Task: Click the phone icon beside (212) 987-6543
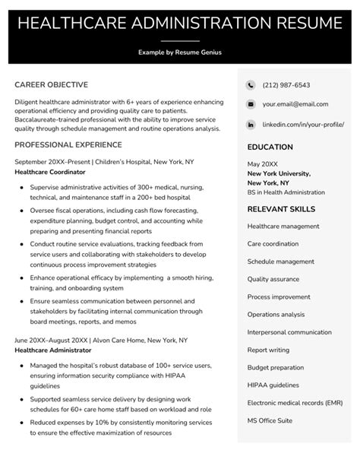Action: (251, 85)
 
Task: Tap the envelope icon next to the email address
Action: (251, 104)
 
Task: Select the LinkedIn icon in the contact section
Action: (251, 123)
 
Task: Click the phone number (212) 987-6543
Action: (286, 85)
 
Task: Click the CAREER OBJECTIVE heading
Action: (51, 84)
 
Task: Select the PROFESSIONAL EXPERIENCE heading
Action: (68, 144)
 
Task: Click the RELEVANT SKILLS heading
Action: (281, 208)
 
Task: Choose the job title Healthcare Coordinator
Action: (52, 173)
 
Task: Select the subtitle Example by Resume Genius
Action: (180, 52)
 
